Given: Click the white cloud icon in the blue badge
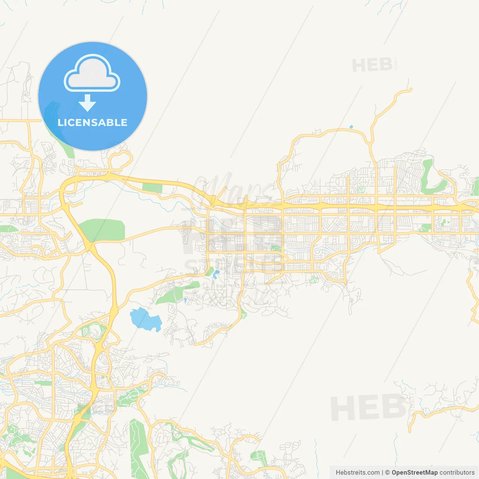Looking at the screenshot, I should pyautogui.click(x=92, y=73).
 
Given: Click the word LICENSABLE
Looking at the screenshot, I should pyautogui.click(x=92, y=122).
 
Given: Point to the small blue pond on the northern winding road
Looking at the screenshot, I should pyautogui.click(x=351, y=127).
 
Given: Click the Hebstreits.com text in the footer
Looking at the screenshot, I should pyautogui.click(x=357, y=473).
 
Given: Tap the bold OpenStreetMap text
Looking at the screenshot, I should pyautogui.click(x=414, y=473).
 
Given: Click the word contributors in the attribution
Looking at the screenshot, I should pyautogui.click(x=457, y=473).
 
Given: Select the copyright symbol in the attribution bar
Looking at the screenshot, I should pyautogui.click(x=387, y=473).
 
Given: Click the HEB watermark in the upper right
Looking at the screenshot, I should pyautogui.click(x=372, y=65).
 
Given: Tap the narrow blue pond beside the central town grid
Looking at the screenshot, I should pyautogui.click(x=215, y=274).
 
